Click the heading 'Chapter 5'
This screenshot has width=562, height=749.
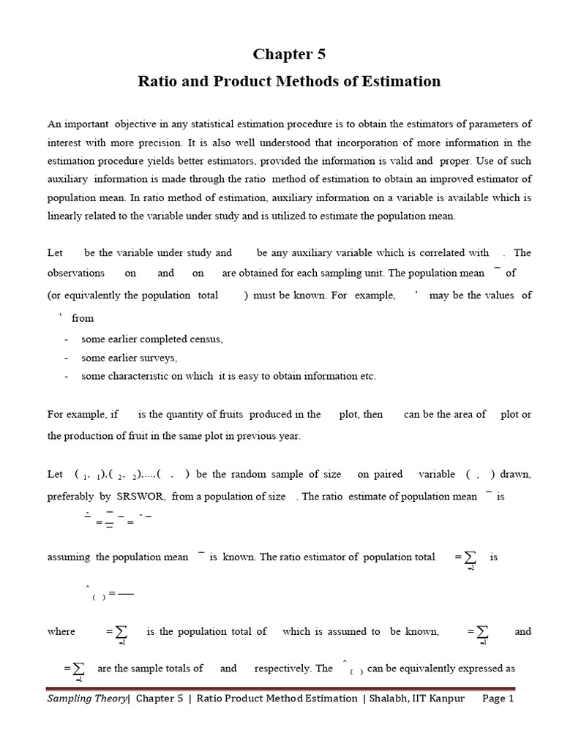coord(289,54)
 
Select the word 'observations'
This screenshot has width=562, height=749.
coord(76,273)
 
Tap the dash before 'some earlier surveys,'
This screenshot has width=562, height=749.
coord(67,358)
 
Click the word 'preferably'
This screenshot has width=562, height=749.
coord(71,496)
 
